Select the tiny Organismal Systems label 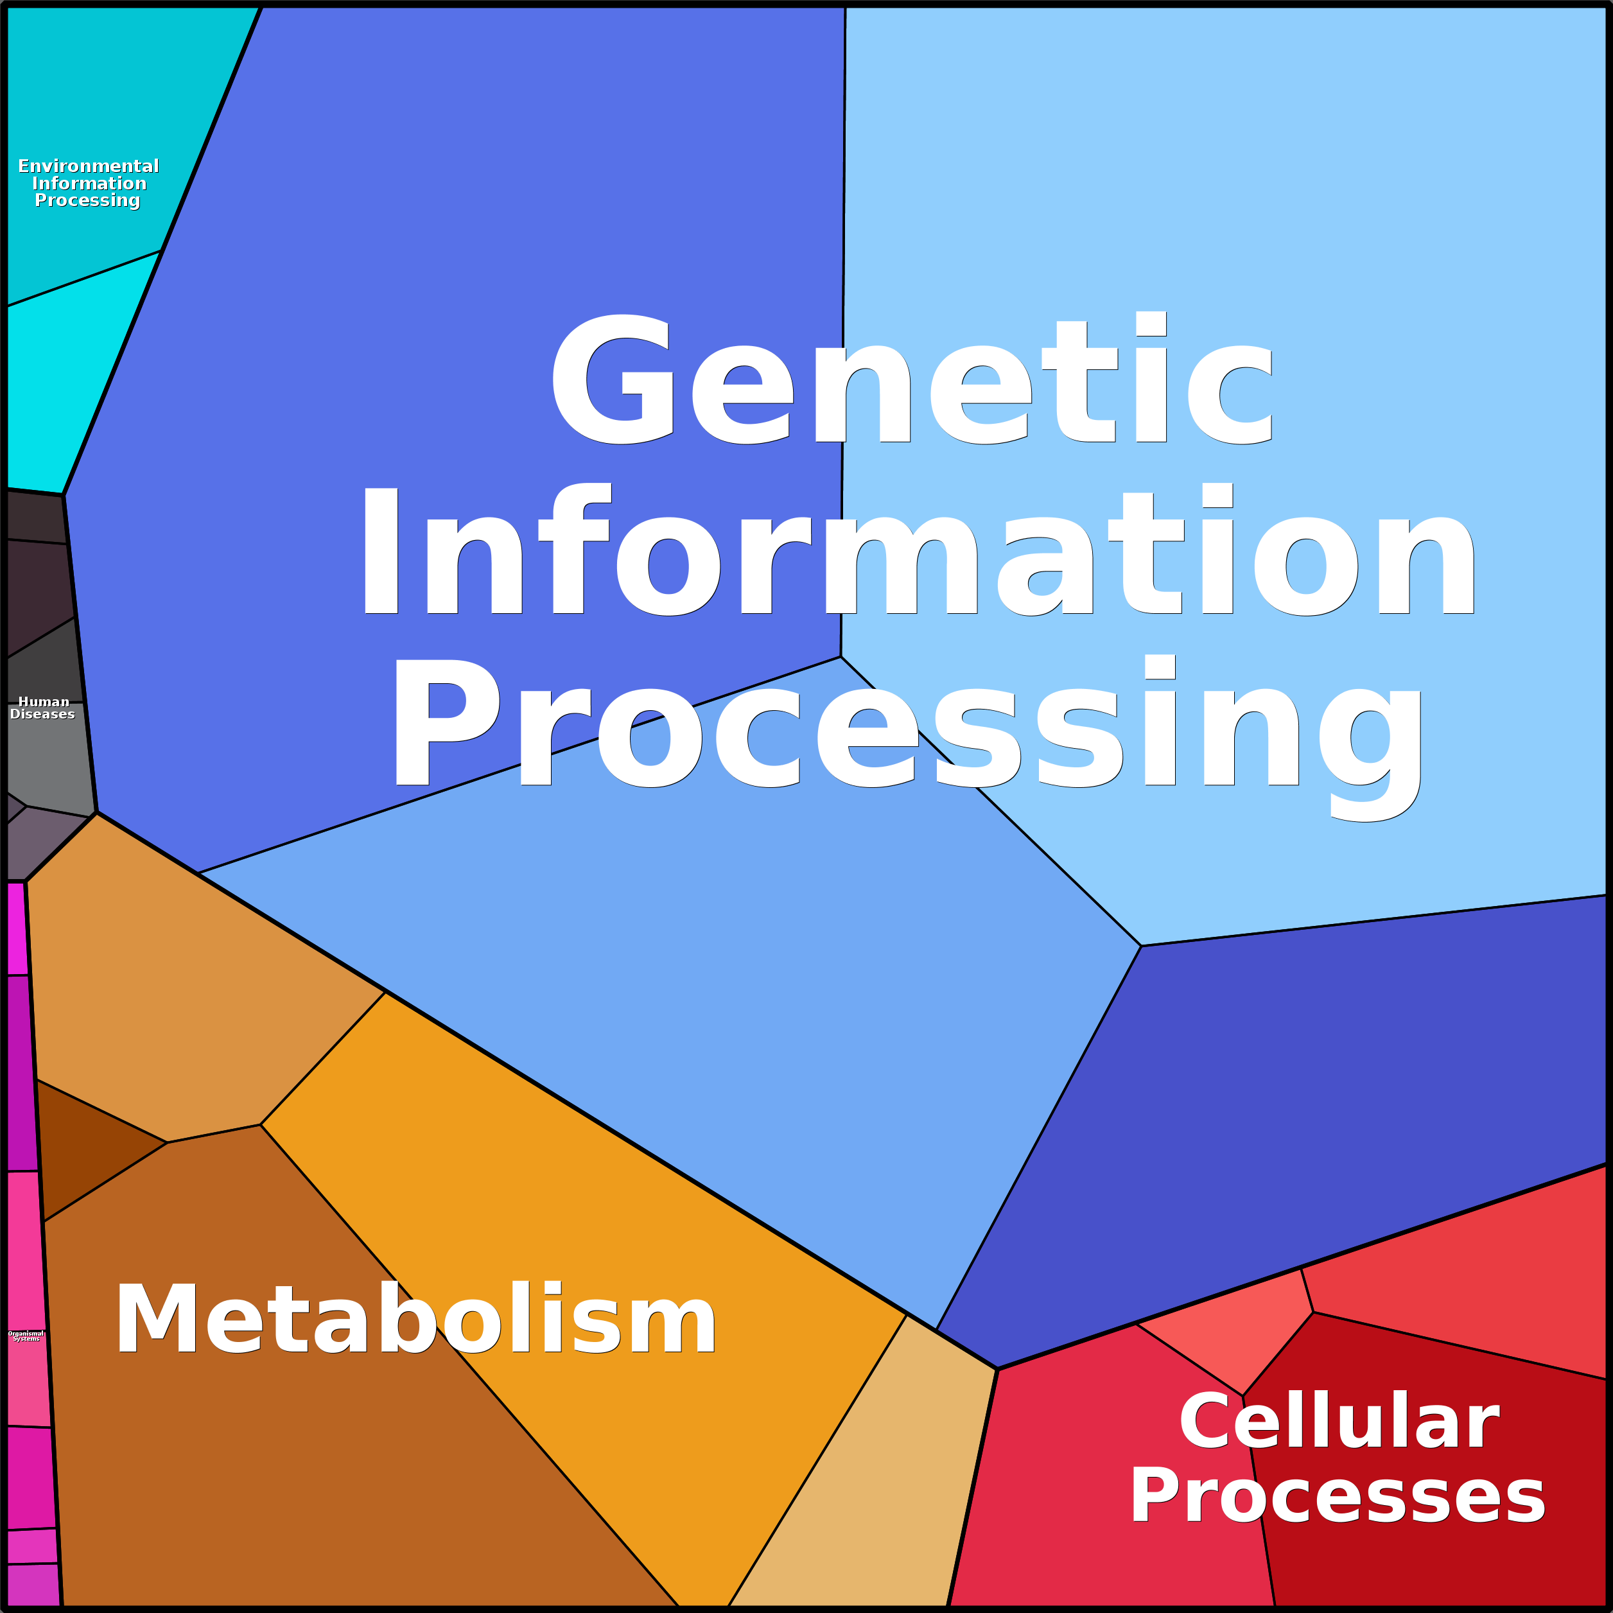pos(26,1336)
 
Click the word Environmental pos(89,166)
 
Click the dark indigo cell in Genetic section pos(1294,1102)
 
